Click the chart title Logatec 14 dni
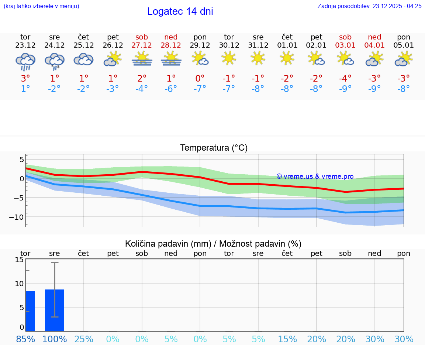pos(180,11)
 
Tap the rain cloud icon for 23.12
pos(25,61)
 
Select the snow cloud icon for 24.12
pos(55,61)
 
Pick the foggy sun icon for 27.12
pos(142,59)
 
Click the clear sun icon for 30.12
pos(229,58)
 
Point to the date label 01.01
pos(287,45)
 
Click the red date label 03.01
pos(345,45)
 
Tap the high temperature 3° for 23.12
pos(25,78)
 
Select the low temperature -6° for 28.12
pos(171,89)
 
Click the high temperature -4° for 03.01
pos(345,78)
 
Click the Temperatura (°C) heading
pos(214,148)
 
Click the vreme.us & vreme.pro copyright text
pos(315,176)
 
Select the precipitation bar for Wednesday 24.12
pos(55,310)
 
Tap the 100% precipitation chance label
pos(55,339)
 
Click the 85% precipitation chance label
pos(25,339)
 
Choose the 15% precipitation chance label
pos(287,339)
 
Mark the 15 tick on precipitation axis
pos(19,260)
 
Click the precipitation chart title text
pos(213,244)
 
